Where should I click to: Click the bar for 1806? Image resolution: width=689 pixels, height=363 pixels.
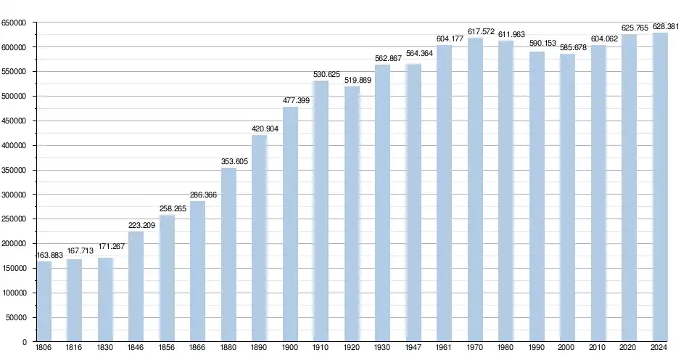[x=44, y=301]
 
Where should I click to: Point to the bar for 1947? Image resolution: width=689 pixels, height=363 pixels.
[x=413, y=203]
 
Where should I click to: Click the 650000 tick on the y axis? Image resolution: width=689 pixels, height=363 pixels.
[x=14, y=23]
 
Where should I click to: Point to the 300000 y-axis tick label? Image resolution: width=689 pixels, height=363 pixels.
[x=14, y=195]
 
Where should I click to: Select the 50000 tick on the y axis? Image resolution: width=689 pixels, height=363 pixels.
[x=16, y=317]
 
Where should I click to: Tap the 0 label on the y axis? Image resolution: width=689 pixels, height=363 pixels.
[x=25, y=342]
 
